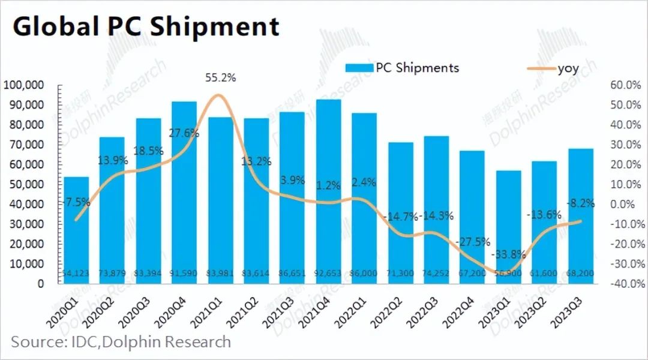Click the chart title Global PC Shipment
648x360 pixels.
click(x=146, y=27)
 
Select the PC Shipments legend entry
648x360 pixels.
click(x=402, y=67)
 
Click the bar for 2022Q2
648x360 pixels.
click(x=400, y=212)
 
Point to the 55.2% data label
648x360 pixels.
click(x=220, y=78)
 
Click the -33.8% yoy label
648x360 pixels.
click(x=508, y=253)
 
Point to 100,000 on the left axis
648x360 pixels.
click(x=23, y=85)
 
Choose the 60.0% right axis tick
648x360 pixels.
click(x=626, y=85)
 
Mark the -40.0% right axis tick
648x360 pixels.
click(x=626, y=283)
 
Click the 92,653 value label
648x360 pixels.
click(x=328, y=274)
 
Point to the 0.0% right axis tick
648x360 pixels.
click(x=628, y=204)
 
